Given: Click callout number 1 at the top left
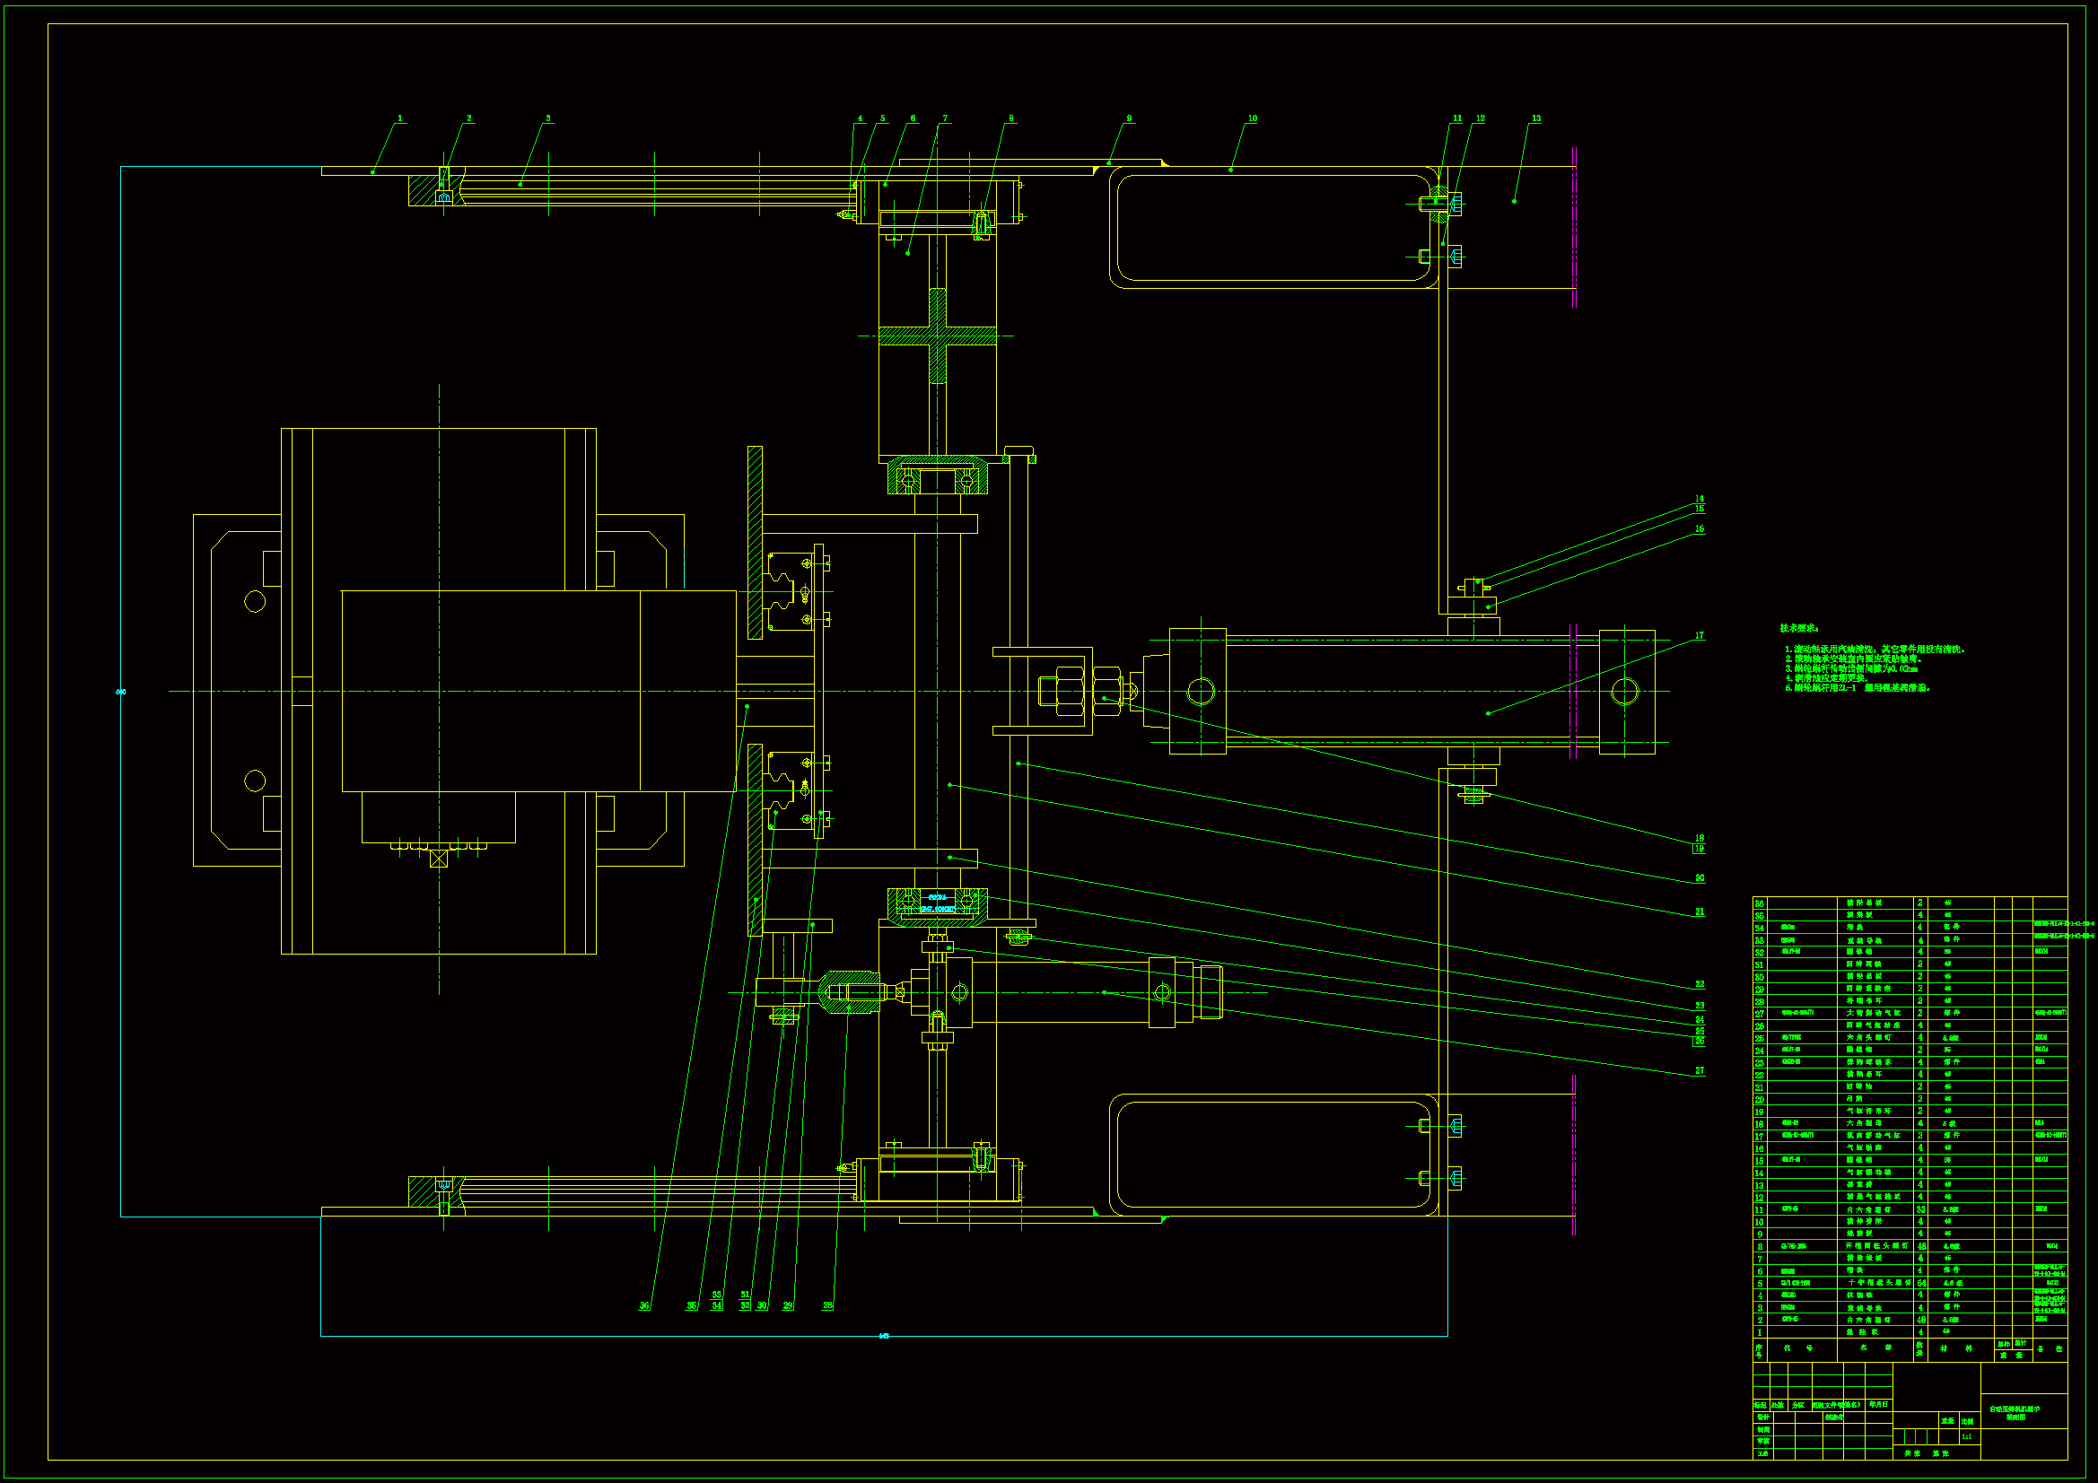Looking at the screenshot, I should click(400, 118).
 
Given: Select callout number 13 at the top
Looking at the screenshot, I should click(1536, 118).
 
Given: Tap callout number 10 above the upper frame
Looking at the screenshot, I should click(1253, 118).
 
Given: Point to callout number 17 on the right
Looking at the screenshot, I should click(1700, 636).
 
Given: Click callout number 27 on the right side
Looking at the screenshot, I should click(1700, 1070).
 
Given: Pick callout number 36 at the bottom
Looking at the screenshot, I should click(644, 1305).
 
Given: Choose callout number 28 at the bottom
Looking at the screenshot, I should click(828, 1305).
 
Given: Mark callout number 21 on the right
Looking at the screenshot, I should click(1700, 912).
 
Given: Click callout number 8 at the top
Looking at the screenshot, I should click(1010, 118).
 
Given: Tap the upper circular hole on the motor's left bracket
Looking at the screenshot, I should click(255, 601).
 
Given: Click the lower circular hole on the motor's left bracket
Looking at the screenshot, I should click(255, 781).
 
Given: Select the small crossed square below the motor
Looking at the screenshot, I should click(439, 859).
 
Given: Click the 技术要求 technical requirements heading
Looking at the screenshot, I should click(1798, 629).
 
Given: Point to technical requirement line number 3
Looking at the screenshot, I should click(1850, 669).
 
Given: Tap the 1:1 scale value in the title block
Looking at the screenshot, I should click(1966, 1437).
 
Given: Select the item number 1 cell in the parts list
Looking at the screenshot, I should click(1759, 1332).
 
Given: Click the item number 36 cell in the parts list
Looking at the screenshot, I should click(1759, 903).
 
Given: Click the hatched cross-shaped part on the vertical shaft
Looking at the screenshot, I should click(938, 336).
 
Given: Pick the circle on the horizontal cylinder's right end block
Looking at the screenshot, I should click(1625, 692).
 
